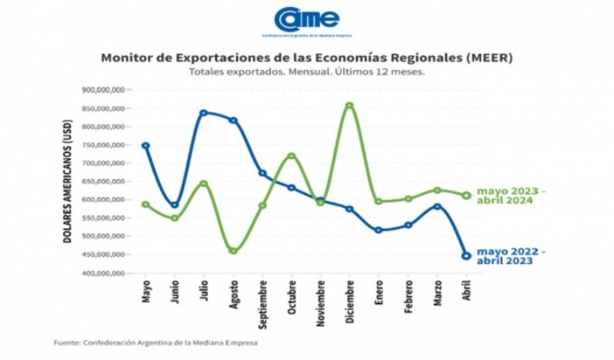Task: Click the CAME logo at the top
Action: (x=306, y=21)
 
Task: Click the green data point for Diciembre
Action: (x=349, y=106)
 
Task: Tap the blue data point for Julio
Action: (x=203, y=113)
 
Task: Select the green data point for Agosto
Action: (x=233, y=251)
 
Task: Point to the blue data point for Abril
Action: (x=466, y=256)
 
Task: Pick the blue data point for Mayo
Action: (x=145, y=145)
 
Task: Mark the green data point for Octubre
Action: (x=292, y=156)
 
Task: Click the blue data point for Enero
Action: (x=379, y=230)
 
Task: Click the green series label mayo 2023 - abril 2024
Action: (x=511, y=195)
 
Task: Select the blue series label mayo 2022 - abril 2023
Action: (x=511, y=256)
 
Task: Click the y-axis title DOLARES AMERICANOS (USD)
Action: (x=68, y=182)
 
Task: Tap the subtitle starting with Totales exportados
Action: (x=306, y=72)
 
